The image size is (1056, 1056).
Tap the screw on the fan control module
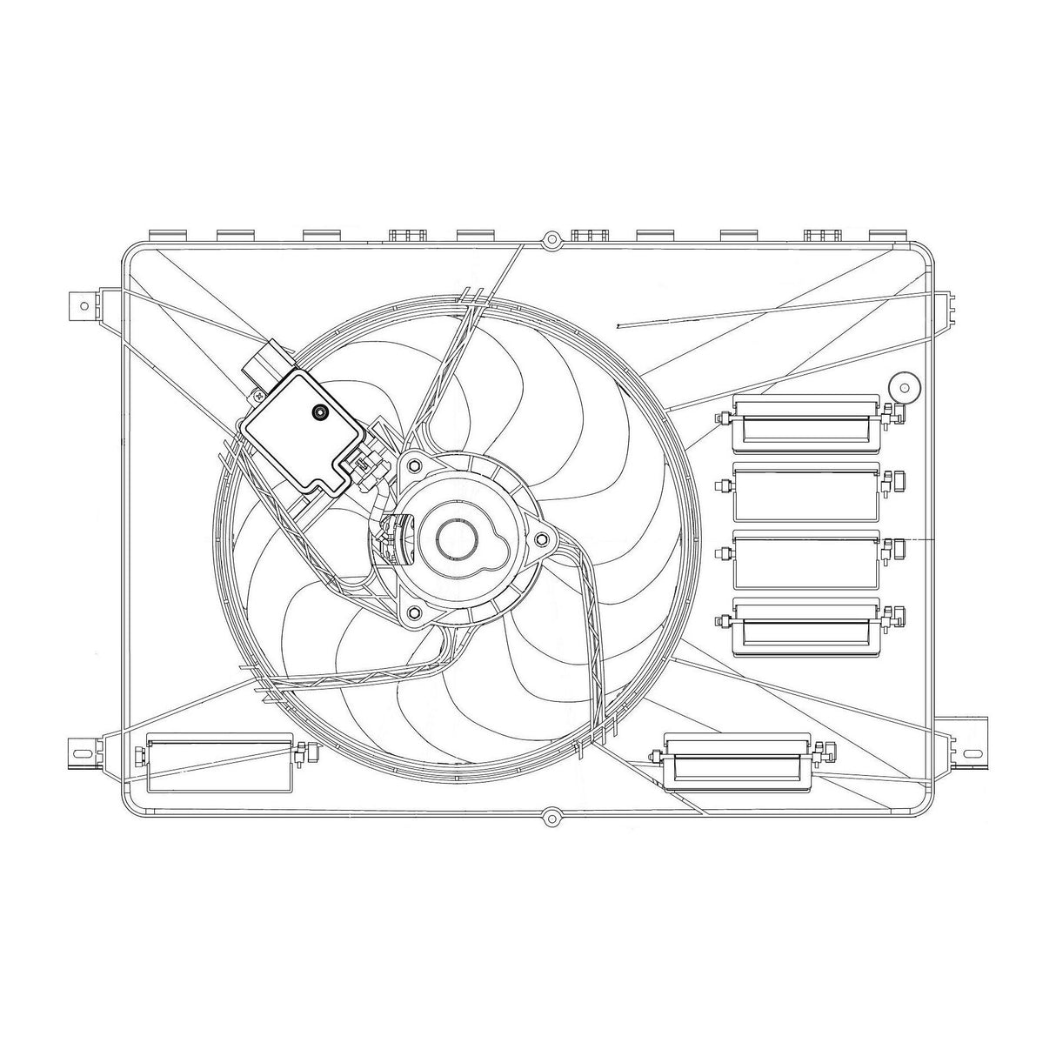click(x=319, y=413)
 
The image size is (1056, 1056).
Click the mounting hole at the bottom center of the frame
click(x=550, y=817)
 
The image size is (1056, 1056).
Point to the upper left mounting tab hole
click(x=83, y=304)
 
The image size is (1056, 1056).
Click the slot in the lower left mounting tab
click(x=83, y=750)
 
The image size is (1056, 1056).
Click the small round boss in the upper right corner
click(x=904, y=387)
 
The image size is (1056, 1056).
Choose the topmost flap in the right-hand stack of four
click(x=805, y=424)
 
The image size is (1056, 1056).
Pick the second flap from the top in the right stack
click(x=805, y=492)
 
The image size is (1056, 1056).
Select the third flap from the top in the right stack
click(x=805, y=559)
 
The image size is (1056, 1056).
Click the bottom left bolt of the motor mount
click(x=412, y=614)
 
